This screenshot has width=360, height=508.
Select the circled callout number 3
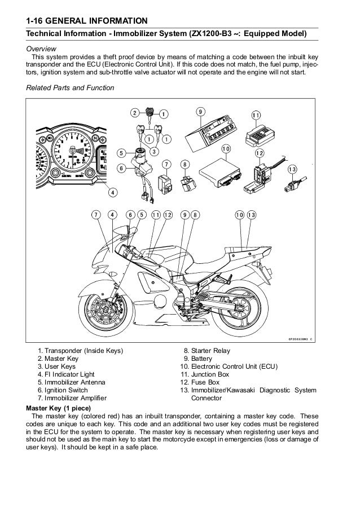pyautogui.click(x=154, y=151)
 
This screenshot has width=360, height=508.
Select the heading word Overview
pyautogui.click(x=43, y=49)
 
